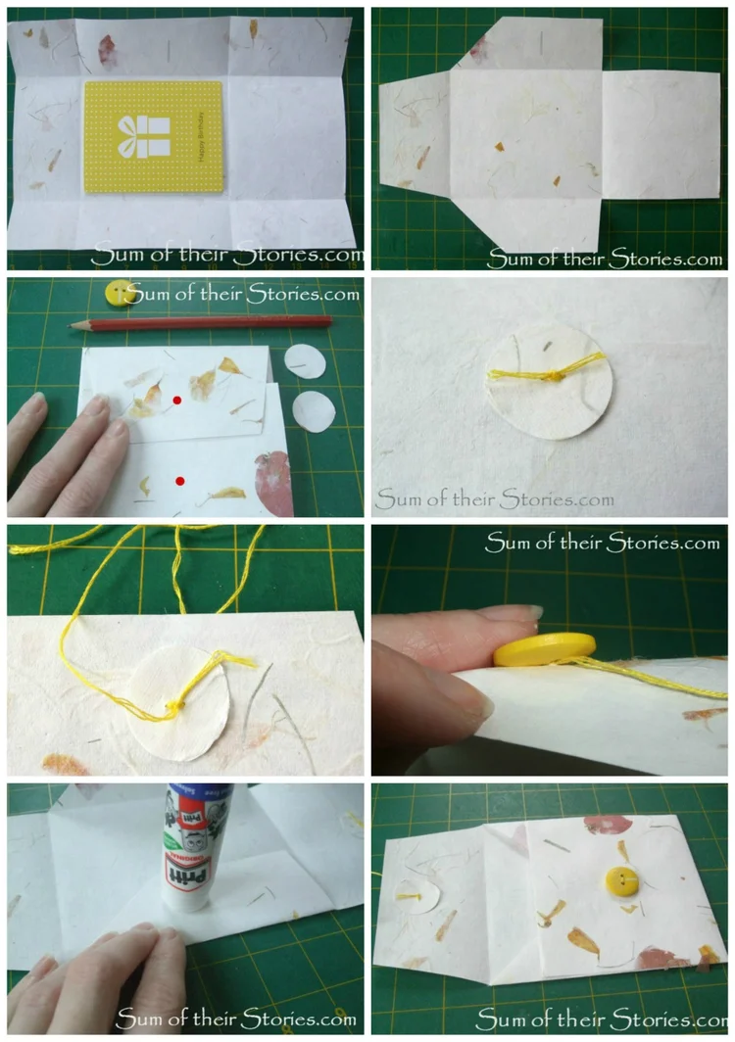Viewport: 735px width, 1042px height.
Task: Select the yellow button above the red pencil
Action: click(119, 292)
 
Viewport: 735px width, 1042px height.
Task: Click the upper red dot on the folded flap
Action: click(177, 401)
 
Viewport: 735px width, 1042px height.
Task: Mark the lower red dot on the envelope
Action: click(180, 481)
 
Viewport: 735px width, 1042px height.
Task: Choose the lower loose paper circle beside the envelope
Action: click(313, 410)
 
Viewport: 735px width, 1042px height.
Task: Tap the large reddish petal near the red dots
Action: click(275, 484)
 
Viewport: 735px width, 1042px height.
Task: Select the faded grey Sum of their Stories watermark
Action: click(495, 499)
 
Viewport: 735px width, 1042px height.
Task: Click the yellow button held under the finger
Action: click(545, 648)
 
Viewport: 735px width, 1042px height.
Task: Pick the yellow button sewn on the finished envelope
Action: click(619, 879)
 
